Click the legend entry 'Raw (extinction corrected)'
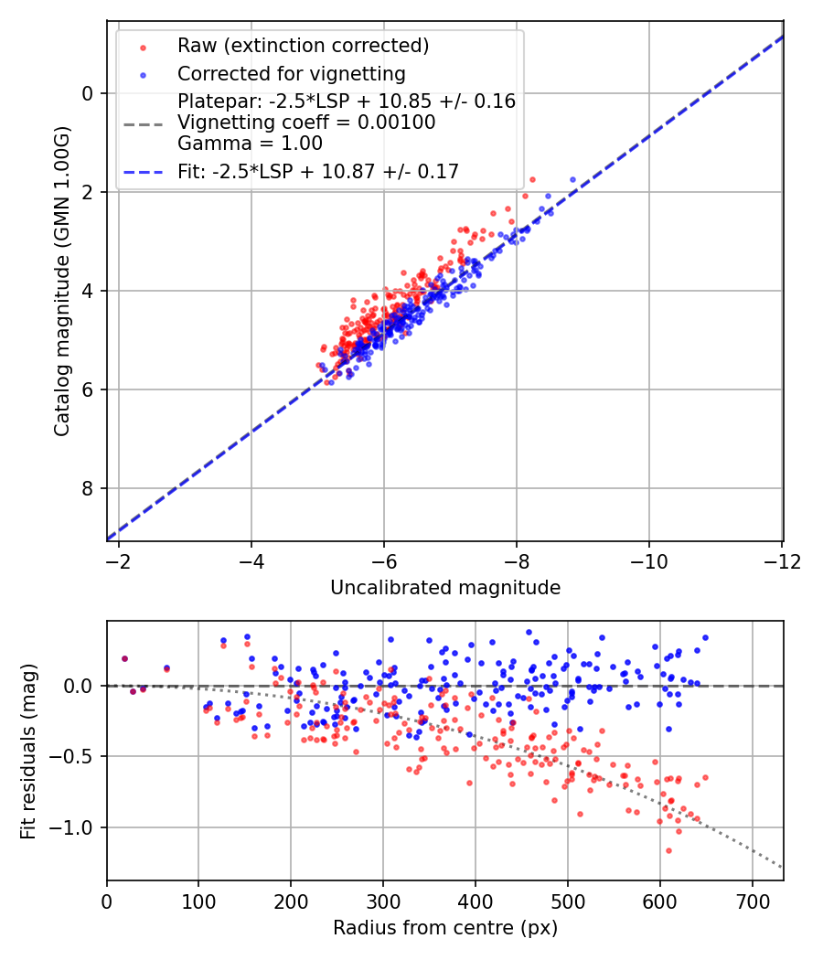[303, 46]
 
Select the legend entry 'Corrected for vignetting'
[291, 73]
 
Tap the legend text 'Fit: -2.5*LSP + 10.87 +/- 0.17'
[318, 171]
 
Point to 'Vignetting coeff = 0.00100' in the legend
[306, 122]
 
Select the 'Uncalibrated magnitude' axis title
[444, 588]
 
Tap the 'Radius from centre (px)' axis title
[444, 928]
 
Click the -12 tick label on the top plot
[782, 560]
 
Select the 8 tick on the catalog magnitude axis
[88, 488]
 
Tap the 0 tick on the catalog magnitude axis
[88, 93]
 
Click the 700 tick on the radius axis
[752, 901]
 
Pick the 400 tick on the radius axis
[476, 901]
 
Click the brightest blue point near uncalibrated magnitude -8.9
[572, 180]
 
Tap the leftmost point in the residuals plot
[124, 658]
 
